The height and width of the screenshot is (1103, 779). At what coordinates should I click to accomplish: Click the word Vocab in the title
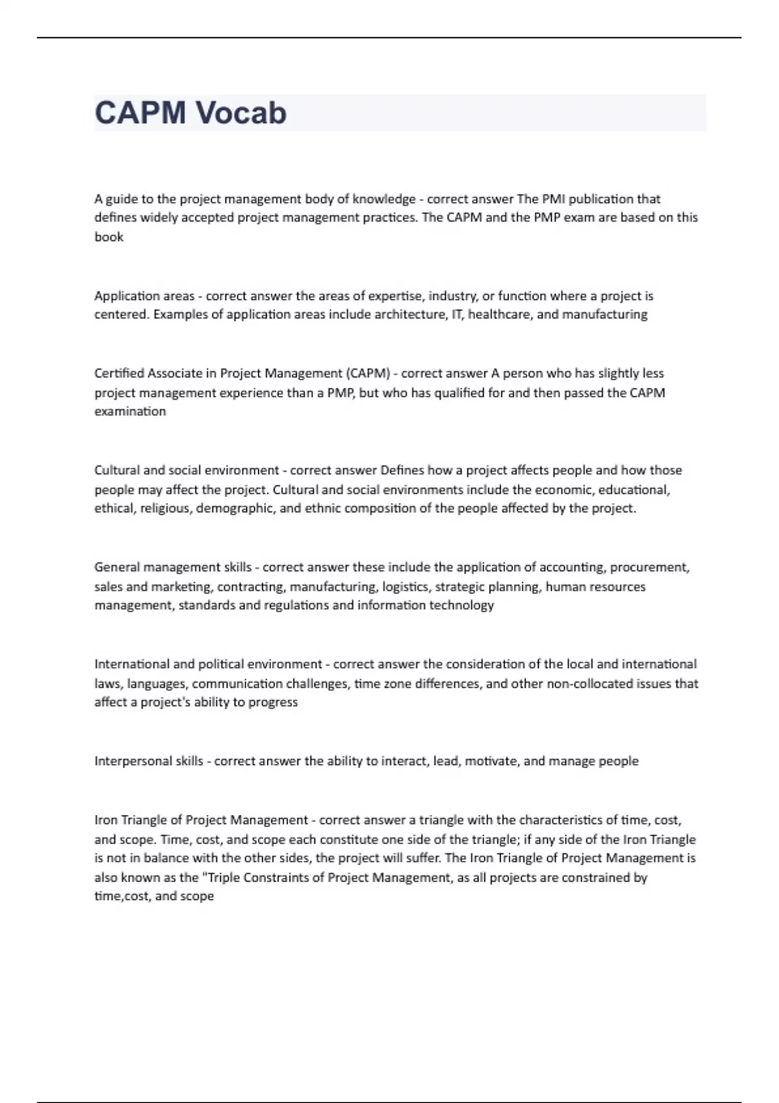[x=241, y=113]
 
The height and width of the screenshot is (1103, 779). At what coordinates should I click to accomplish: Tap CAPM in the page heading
[x=140, y=113]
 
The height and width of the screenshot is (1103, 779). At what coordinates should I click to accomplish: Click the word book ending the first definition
[x=109, y=237]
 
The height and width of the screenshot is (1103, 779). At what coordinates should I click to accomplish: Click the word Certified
[x=119, y=373]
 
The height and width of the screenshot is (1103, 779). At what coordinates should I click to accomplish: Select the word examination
[x=130, y=411]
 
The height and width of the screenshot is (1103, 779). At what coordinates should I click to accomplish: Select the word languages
[x=156, y=683]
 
